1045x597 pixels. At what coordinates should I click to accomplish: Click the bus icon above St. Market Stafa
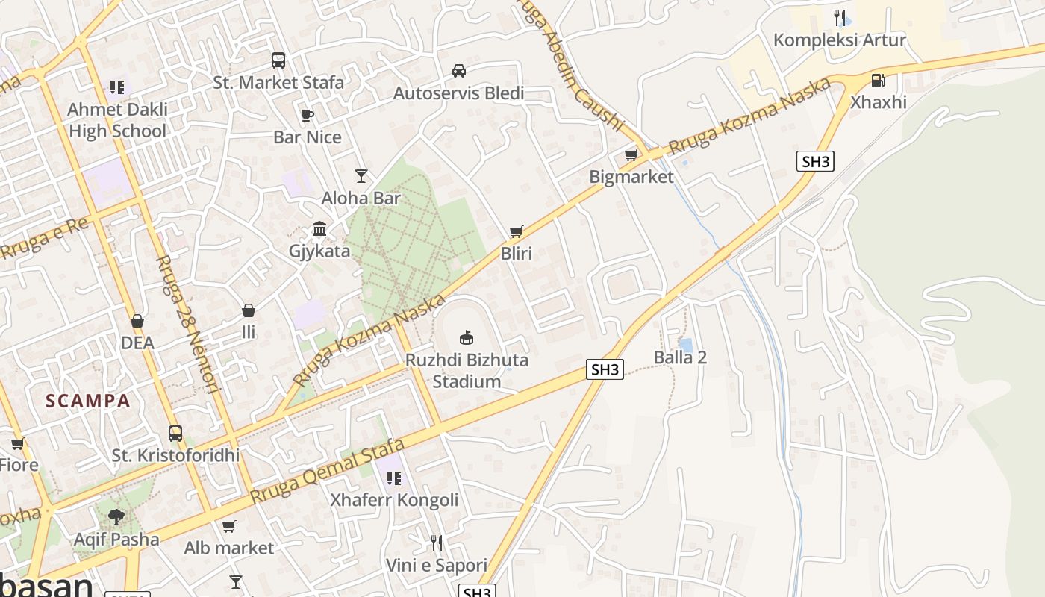(278, 60)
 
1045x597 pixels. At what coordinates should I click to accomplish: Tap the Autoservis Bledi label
(458, 93)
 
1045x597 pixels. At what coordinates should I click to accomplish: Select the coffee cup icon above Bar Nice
(307, 115)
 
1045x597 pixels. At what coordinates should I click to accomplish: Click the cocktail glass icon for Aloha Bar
(361, 176)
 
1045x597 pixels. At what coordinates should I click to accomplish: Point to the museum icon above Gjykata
(319, 228)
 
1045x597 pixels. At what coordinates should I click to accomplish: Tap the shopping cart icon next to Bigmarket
(631, 155)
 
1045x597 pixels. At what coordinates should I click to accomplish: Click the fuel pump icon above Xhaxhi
(879, 80)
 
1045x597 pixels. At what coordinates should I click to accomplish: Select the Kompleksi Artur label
(839, 40)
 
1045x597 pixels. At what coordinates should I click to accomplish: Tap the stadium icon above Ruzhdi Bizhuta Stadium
(467, 337)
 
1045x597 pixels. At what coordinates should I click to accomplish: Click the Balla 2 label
(680, 357)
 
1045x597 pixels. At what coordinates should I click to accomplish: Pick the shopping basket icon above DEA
(137, 321)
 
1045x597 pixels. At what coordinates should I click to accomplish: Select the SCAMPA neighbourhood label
(88, 401)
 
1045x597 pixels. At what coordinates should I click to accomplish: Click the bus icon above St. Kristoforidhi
(175, 433)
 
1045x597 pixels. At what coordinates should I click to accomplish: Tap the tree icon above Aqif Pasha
(116, 516)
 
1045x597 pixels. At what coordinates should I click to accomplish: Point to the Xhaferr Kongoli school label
(394, 500)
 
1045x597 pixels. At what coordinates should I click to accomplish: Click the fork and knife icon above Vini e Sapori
(437, 543)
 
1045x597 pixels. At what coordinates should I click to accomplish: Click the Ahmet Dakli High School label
(117, 120)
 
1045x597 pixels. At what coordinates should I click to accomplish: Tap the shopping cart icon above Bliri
(516, 232)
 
